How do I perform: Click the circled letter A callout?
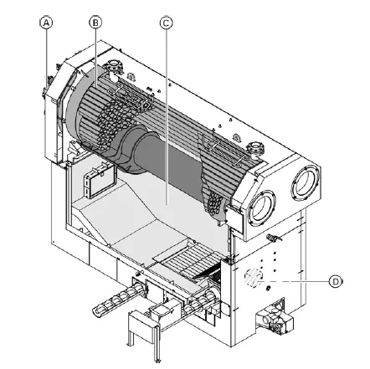[x=47, y=23]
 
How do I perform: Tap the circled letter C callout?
[x=166, y=23]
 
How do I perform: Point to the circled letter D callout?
[x=335, y=282]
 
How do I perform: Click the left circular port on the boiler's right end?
[x=265, y=204]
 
